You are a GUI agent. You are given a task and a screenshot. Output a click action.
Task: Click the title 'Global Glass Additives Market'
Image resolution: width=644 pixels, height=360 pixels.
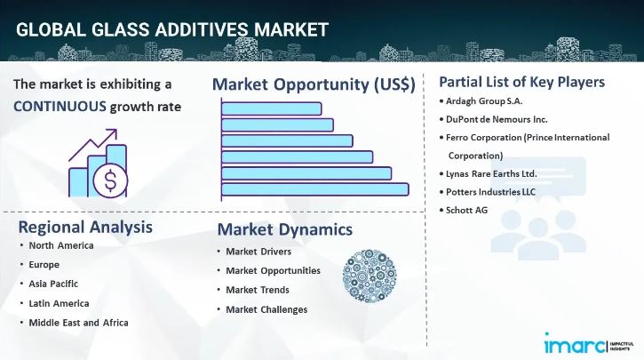(172, 28)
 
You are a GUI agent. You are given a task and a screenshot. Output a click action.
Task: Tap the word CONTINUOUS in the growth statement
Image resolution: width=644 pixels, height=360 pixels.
(59, 108)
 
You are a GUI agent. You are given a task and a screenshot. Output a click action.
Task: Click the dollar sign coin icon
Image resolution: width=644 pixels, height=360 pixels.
(110, 180)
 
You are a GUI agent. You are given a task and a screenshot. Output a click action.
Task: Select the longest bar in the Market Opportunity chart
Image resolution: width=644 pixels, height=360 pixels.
(315, 188)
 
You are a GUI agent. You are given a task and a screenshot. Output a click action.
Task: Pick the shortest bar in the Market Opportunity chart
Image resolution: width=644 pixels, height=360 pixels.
(272, 108)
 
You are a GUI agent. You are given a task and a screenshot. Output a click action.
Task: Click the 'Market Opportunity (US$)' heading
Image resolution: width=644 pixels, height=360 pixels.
(313, 84)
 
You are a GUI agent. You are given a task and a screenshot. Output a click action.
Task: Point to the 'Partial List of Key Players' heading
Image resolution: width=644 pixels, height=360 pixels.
(521, 82)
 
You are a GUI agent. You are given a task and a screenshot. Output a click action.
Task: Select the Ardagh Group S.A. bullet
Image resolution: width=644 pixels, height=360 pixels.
(485, 100)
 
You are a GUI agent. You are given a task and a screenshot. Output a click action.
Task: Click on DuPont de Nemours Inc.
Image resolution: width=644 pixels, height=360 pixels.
(497, 118)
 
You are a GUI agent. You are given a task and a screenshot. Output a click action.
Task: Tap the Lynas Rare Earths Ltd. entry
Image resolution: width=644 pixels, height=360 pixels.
(492, 173)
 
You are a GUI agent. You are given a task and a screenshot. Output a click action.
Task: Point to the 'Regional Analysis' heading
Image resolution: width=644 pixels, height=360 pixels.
(85, 227)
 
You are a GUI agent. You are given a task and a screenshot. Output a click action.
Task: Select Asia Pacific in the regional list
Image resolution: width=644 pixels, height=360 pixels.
(53, 284)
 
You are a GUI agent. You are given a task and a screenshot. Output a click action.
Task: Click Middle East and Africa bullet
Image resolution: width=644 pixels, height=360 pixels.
(78, 322)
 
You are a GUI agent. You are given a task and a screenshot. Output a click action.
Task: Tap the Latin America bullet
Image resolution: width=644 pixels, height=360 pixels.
(60, 303)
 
